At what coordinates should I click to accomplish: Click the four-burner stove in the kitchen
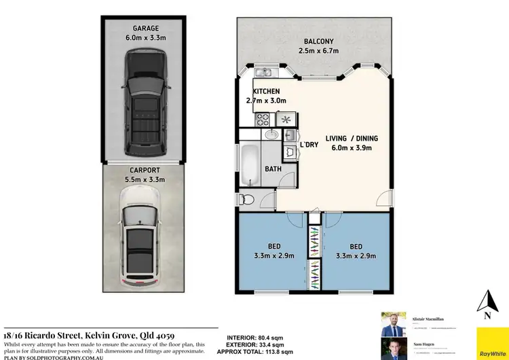point(262,120)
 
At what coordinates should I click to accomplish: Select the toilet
point(248,200)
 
